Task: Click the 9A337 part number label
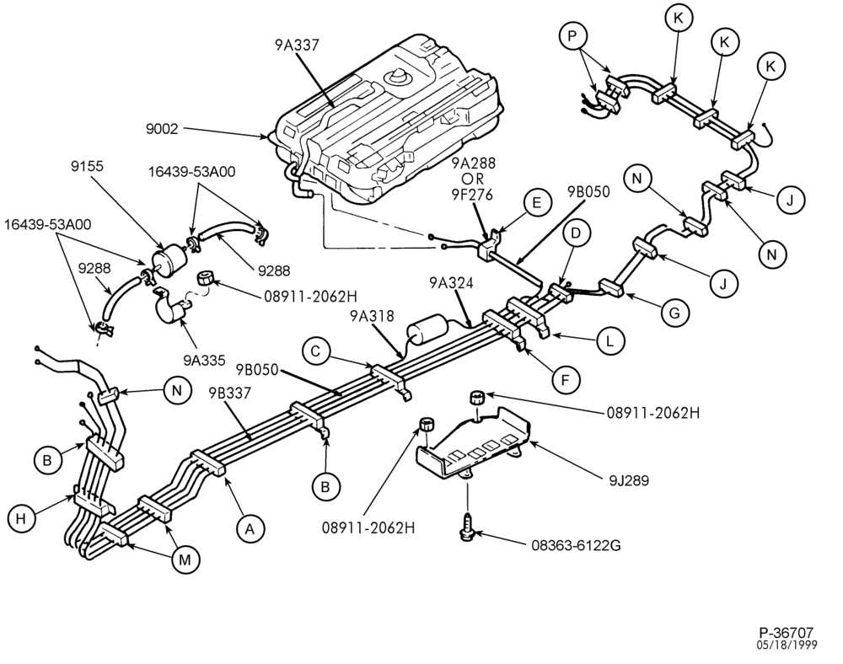coord(297,46)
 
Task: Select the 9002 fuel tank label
coord(161,129)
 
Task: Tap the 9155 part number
coord(87,167)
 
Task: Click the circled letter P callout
coord(572,36)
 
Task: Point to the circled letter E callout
coord(535,202)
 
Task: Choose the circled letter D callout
coord(576,233)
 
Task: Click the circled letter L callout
coord(609,340)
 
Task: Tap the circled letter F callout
coord(566,380)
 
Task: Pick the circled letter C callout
coord(316,351)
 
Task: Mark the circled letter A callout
coord(250,529)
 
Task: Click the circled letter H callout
coord(21,518)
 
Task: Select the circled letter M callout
coord(185,560)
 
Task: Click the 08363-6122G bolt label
coord(576,545)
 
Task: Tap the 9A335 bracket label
coord(205,360)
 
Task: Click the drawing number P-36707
coord(786,632)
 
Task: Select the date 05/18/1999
coord(787,645)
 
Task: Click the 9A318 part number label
coord(372,316)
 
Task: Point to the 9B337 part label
coord(230,394)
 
